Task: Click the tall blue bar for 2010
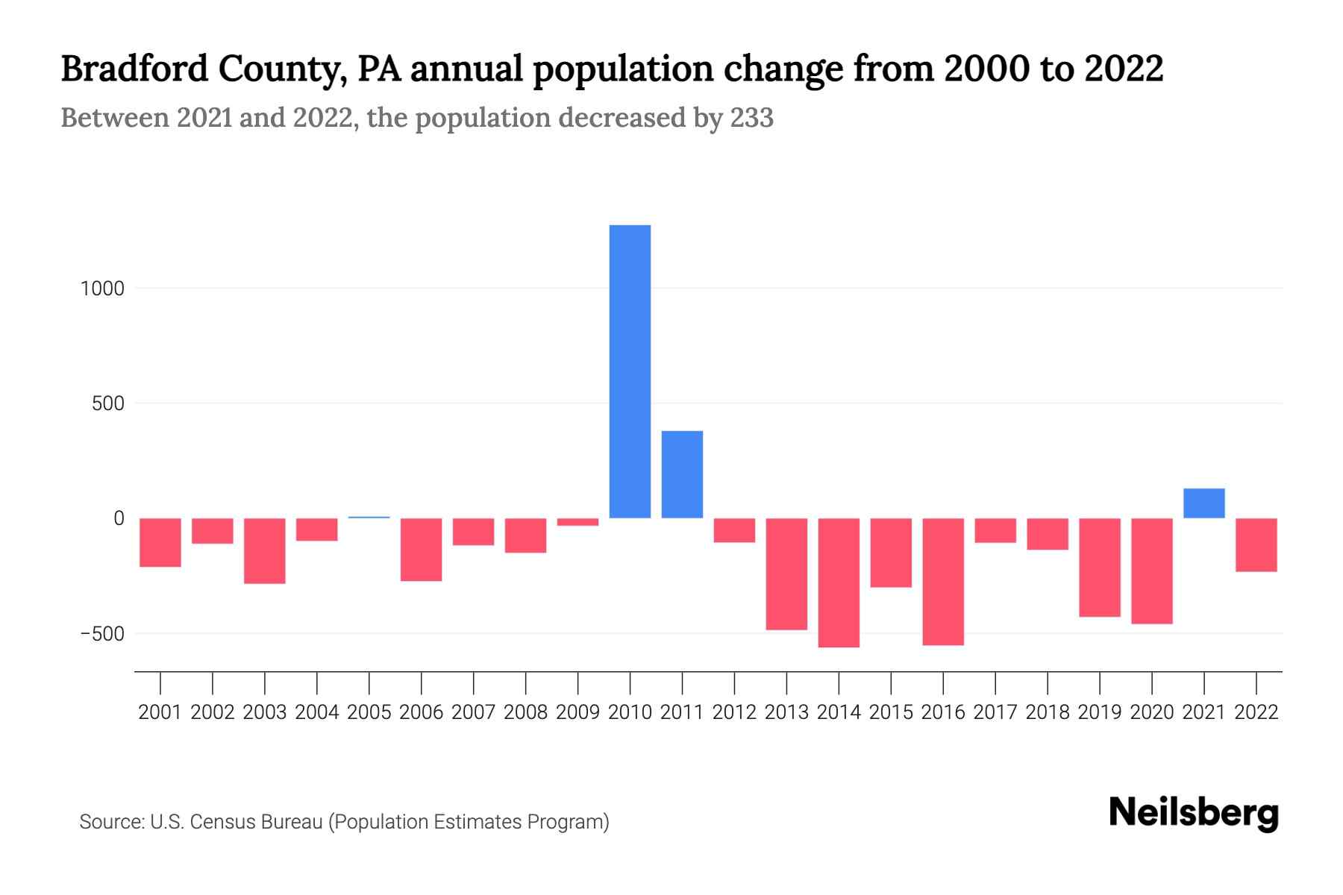[x=630, y=371]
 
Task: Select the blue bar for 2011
[x=682, y=474]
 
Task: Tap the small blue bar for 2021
[x=1203, y=503]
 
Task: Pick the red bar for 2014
[x=839, y=582]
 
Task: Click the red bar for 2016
[x=943, y=582]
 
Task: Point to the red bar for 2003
[x=265, y=550]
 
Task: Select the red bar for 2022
[x=1256, y=545]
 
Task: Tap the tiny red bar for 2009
[x=577, y=522]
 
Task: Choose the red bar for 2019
[x=1099, y=568]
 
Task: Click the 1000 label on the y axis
[x=102, y=289]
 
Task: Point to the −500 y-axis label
[x=101, y=634]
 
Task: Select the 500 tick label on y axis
[x=108, y=403]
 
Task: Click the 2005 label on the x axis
[x=369, y=712]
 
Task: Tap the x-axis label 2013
[x=786, y=712]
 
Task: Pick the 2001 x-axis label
[x=160, y=712]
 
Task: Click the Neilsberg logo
[x=1194, y=813]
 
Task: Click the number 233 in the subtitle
[x=751, y=118]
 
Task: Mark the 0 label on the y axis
[x=119, y=518]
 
